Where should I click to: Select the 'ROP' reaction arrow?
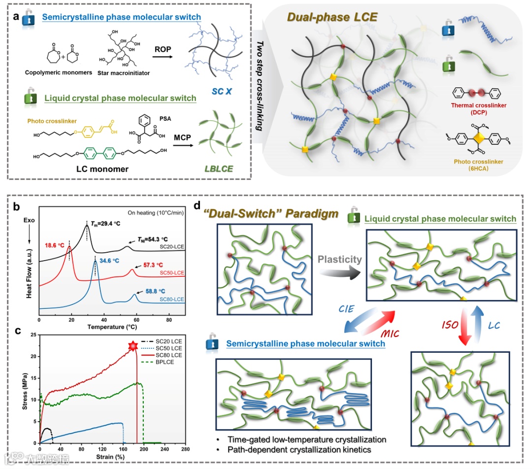tap(166, 56)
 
